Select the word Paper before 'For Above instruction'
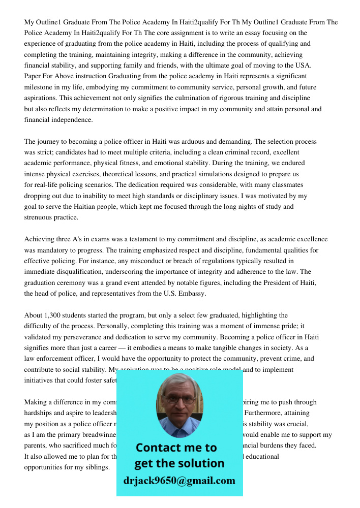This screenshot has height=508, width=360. coord(33,76)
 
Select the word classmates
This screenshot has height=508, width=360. coord(287,185)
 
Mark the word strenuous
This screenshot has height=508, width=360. coord(40,217)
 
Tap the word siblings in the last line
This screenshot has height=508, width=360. coord(96,467)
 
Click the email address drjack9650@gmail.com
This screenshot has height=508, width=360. coord(179,481)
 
